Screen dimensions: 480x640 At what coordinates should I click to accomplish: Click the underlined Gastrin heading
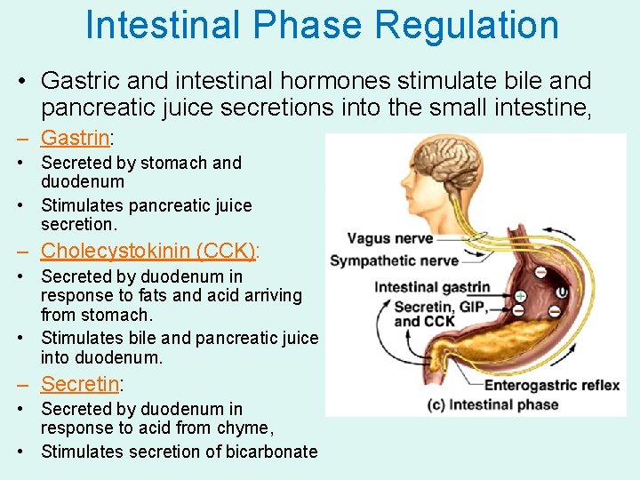(x=75, y=138)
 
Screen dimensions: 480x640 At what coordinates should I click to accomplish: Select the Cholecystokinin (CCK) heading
(x=148, y=251)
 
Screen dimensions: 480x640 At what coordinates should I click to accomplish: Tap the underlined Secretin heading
(x=80, y=384)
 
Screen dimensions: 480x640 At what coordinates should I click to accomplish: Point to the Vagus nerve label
(x=389, y=238)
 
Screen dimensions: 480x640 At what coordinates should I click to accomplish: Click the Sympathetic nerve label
(x=394, y=260)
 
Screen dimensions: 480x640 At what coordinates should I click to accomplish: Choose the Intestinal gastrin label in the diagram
(x=432, y=286)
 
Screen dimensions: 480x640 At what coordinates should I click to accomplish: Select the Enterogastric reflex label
(x=551, y=385)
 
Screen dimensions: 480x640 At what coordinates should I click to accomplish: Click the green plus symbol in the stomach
(x=520, y=295)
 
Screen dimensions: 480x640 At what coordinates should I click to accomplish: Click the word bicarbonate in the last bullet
(x=273, y=452)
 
